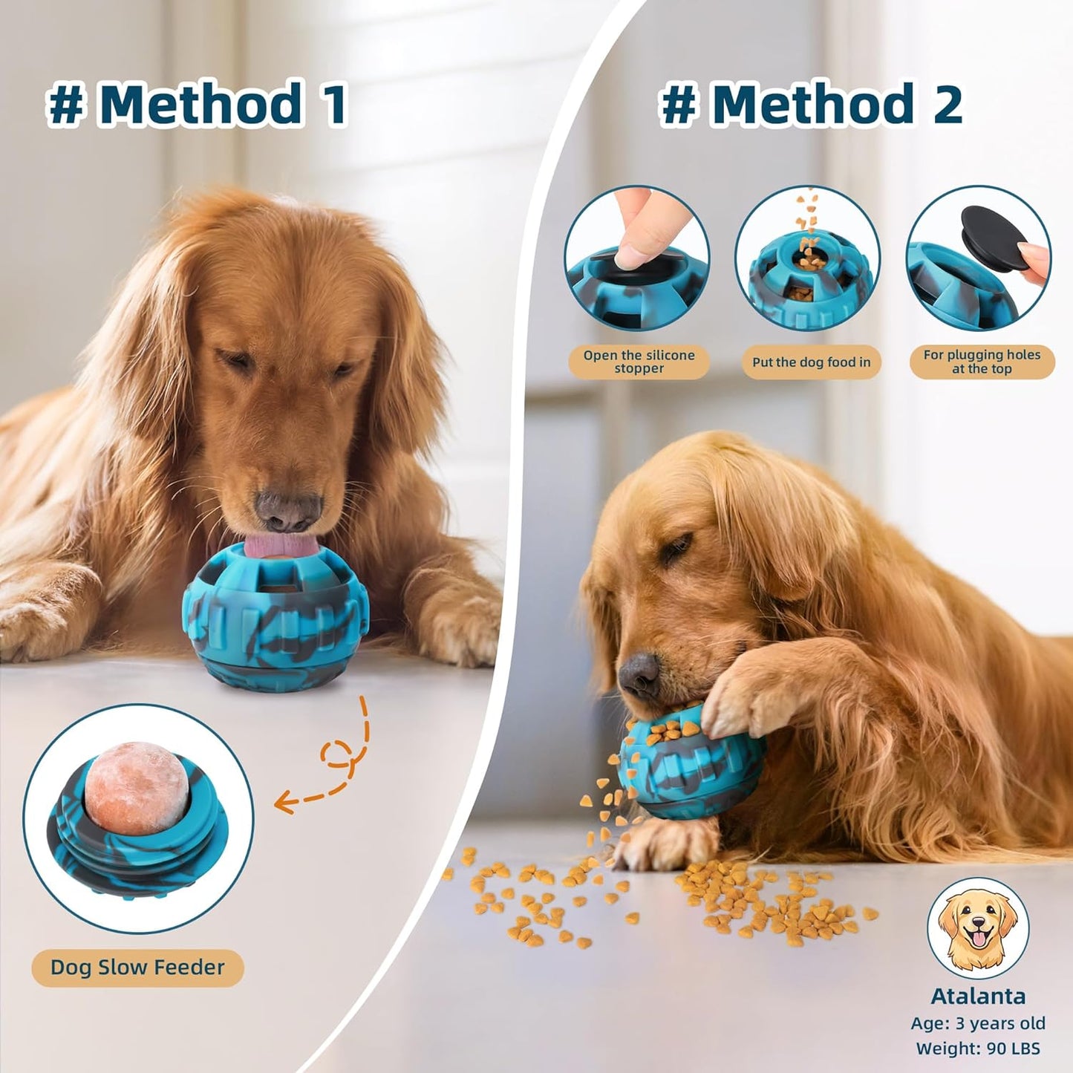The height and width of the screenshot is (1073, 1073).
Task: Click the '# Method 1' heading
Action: coord(197,104)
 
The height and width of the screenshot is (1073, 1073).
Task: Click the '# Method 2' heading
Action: coord(811,104)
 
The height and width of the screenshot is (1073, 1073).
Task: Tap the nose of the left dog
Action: coord(288,509)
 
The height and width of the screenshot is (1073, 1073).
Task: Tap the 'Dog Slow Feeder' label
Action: coord(137,968)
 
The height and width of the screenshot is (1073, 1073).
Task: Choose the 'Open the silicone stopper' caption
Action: coord(639,362)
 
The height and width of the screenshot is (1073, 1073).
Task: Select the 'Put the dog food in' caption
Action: coord(811,362)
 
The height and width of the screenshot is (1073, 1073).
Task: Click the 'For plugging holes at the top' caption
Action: coord(982,362)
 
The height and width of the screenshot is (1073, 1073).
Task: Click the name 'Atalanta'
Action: coord(977,997)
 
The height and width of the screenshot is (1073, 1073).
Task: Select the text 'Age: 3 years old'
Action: coord(977,1023)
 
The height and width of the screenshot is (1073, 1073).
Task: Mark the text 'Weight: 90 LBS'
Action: coord(977,1048)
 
